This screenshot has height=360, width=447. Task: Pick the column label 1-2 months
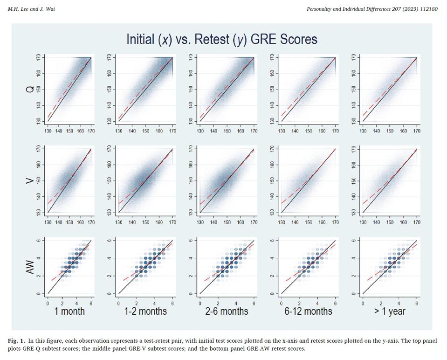click(146, 311)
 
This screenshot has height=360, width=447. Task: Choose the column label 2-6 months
click(227, 311)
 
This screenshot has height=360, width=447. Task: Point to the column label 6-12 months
click(308, 311)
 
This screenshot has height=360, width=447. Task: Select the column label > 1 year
click(389, 311)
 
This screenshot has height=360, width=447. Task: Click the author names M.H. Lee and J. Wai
click(31, 9)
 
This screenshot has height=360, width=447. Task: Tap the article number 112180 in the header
click(428, 9)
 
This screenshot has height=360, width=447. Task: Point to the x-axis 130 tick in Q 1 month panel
click(48, 132)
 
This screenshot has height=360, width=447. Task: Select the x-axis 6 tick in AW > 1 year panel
click(416, 303)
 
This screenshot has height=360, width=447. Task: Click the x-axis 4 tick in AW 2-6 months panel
click(236, 303)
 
